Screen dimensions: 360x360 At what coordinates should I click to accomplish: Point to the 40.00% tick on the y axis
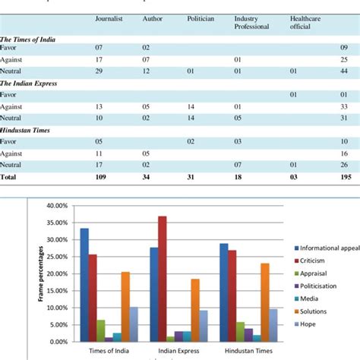point(57,206)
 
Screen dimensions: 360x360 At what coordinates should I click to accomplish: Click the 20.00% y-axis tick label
point(57,274)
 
